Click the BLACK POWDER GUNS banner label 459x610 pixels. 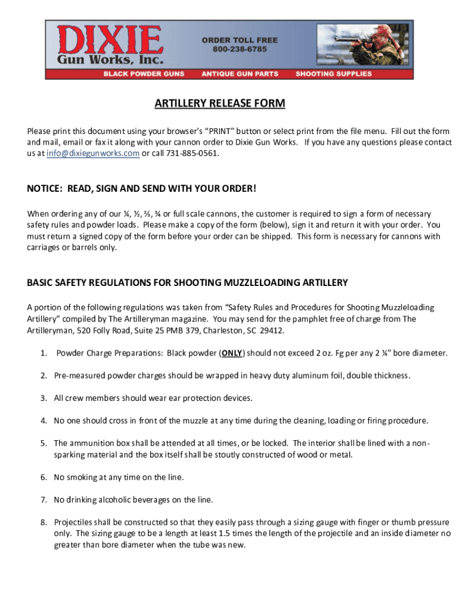tap(144, 74)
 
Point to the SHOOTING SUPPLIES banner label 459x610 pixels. tap(333, 74)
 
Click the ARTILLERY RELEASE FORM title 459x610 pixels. tap(220, 104)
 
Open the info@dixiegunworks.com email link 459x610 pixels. tap(93, 154)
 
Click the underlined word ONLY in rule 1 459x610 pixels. tap(232, 353)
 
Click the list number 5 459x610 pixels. tap(44, 443)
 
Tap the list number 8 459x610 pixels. tap(44, 522)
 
